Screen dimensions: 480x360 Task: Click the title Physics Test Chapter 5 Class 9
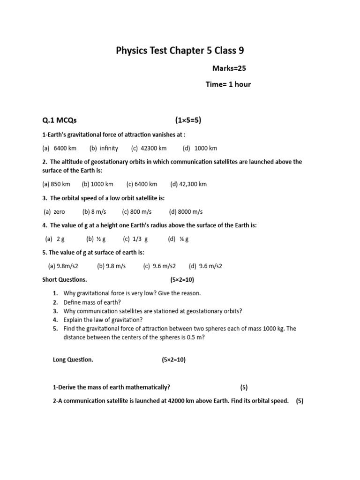(180, 51)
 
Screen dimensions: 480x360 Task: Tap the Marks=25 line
(229, 68)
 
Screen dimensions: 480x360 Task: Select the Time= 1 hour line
(228, 84)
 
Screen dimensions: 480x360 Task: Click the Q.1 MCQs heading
(59, 120)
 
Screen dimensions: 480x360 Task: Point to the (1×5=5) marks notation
(188, 120)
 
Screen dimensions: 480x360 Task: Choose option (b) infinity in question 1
(104, 148)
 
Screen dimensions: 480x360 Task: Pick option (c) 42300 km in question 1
(149, 148)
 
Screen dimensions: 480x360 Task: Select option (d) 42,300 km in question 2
(188, 184)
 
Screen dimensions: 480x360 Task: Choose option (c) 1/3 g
(135, 239)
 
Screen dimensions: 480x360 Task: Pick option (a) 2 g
(55, 239)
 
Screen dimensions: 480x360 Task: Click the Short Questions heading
(65, 280)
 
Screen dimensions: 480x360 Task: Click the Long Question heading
(73, 360)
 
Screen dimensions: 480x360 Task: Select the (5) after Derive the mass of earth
(244, 388)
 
